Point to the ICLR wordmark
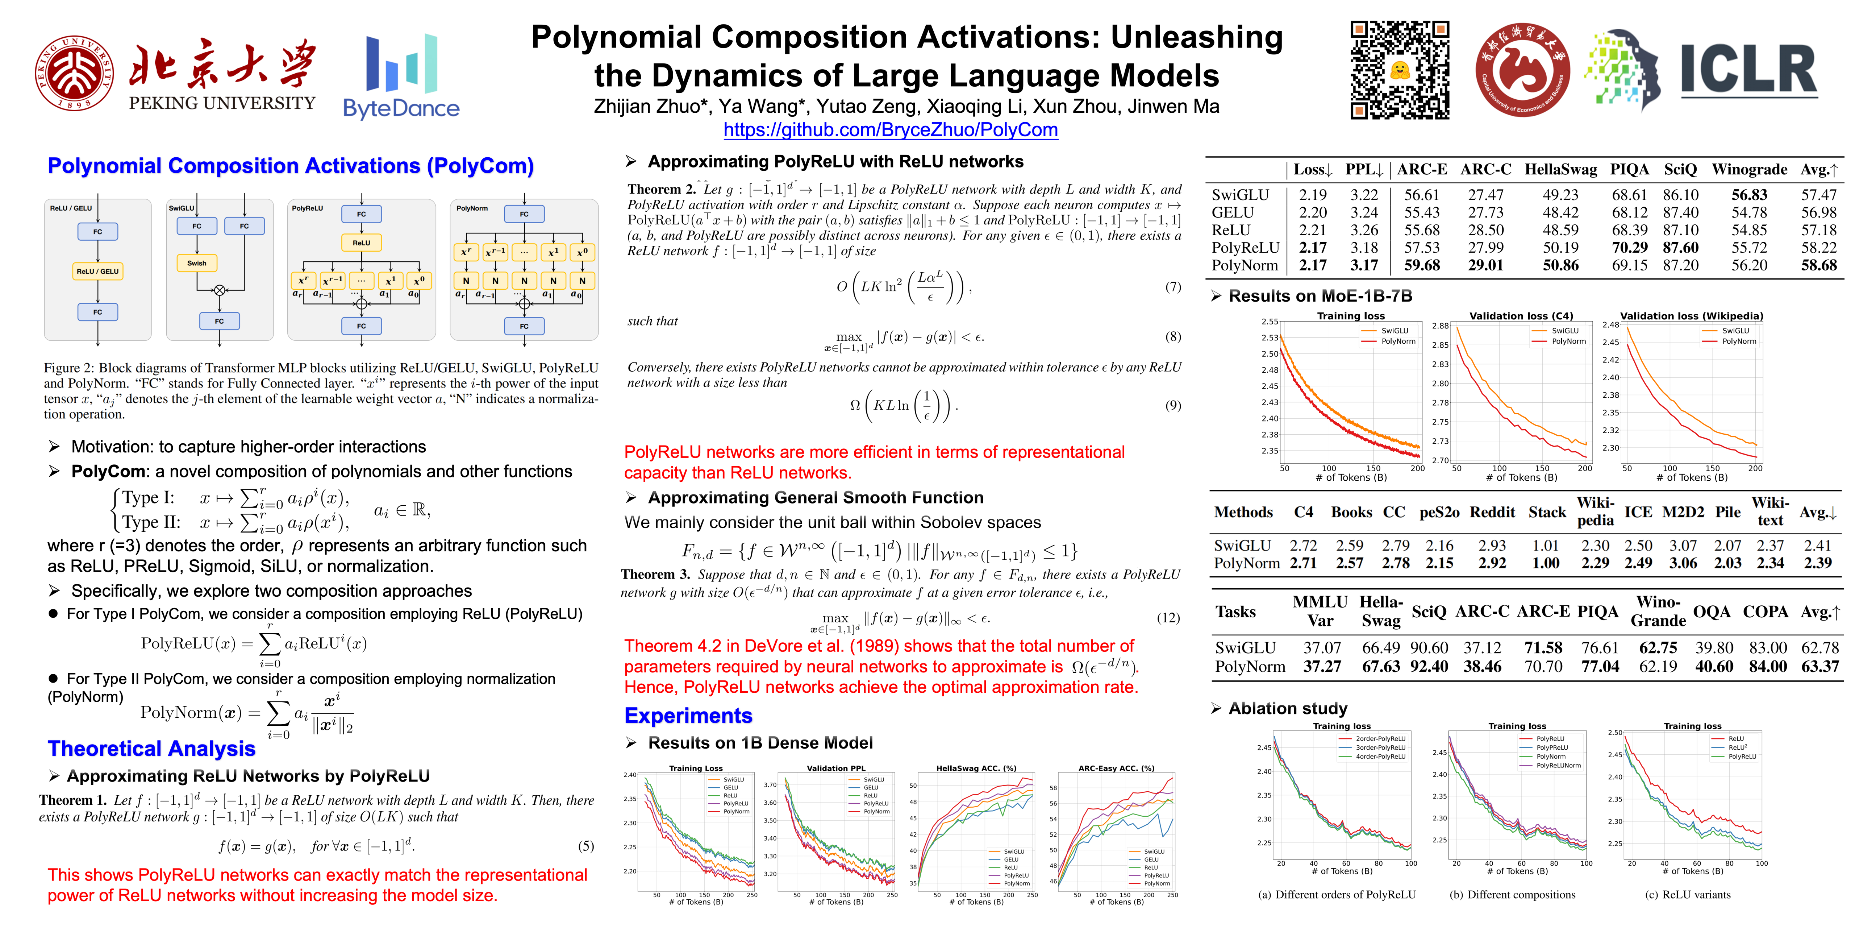[x=1748, y=70]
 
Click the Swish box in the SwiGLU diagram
[x=197, y=263]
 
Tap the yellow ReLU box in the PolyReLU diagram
[x=362, y=243]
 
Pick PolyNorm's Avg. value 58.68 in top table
[x=1819, y=265]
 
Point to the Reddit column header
[x=1492, y=512]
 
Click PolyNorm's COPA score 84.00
[x=1768, y=667]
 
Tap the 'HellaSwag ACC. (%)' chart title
[x=976, y=768]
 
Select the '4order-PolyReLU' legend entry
[x=1380, y=757]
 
